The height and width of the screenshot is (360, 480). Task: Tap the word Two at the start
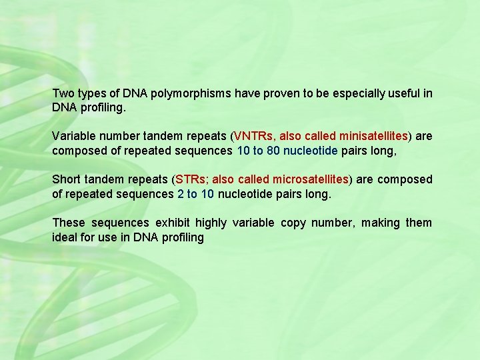tap(63, 93)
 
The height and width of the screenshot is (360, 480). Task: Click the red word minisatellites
tap(373, 137)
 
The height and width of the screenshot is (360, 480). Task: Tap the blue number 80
tap(273, 151)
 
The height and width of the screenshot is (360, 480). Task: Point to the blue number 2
tap(181, 194)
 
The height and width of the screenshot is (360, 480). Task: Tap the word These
tap(69, 223)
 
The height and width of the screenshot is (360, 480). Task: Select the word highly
tap(211, 223)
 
